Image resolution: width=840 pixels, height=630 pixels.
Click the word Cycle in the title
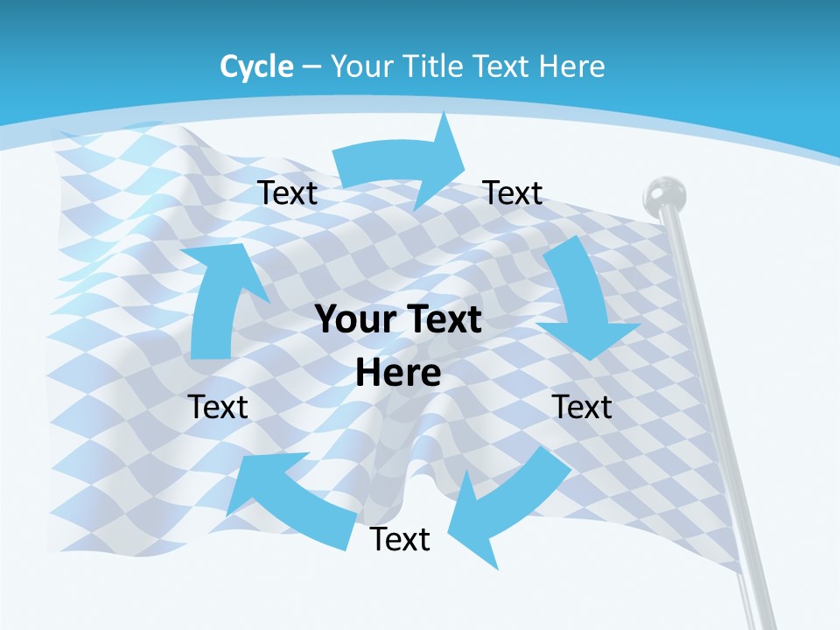coord(256,66)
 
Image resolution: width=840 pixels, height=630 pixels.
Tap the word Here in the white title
coord(571,66)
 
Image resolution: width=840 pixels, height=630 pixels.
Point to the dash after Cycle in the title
coord(311,67)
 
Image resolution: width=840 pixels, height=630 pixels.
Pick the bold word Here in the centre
coord(398,373)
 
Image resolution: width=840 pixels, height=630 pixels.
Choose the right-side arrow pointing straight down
coord(582,297)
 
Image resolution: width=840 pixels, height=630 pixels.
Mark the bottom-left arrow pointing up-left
coord(289,499)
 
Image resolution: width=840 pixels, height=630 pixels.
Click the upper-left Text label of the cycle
coord(287,193)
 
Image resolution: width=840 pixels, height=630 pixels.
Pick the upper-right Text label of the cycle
coord(513,192)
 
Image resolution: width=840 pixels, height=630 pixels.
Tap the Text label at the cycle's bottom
coord(400,539)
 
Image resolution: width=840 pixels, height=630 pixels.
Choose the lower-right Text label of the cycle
coord(582,407)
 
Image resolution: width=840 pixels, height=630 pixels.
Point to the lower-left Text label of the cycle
coord(218,407)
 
